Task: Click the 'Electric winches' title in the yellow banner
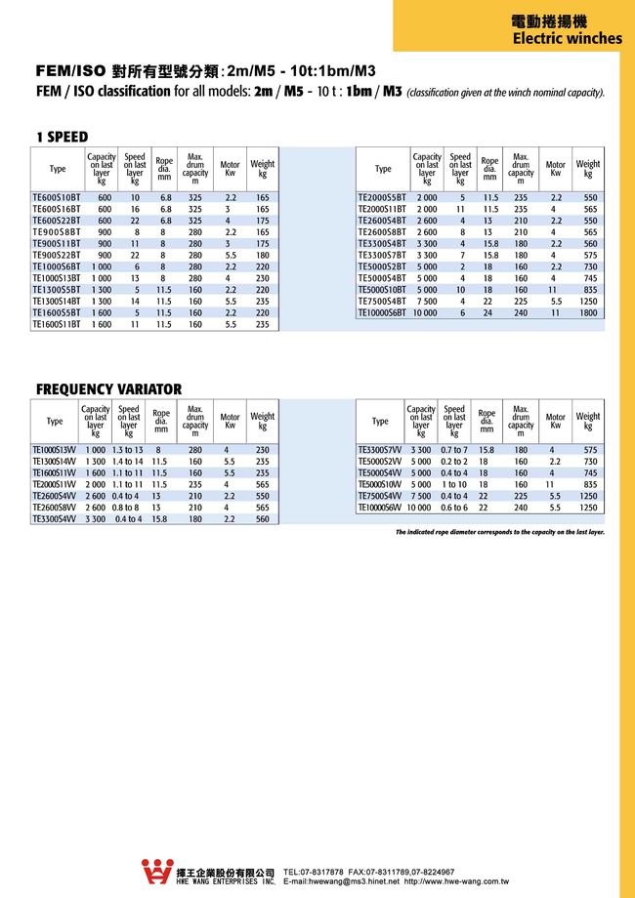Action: click(x=567, y=39)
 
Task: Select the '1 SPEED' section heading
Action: click(x=62, y=137)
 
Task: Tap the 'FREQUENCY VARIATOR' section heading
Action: click(x=108, y=388)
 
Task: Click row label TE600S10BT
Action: click(x=57, y=197)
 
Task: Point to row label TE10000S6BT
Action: click(x=382, y=312)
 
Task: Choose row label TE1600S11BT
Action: click(x=57, y=324)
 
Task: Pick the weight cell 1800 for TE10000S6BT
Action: click(x=587, y=312)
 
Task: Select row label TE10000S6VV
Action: click(x=381, y=508)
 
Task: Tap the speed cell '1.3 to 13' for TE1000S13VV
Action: click(x=128, y=449)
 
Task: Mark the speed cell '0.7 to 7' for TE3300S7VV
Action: click(x=453, y=449)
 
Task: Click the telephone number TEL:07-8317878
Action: click(x=314, y=871)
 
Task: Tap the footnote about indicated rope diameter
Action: click(x=499, y=532)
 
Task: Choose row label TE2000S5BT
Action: click(x=382, y=197)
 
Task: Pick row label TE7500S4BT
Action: click(x=382, y=301)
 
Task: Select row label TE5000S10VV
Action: click(x=381, y=484)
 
